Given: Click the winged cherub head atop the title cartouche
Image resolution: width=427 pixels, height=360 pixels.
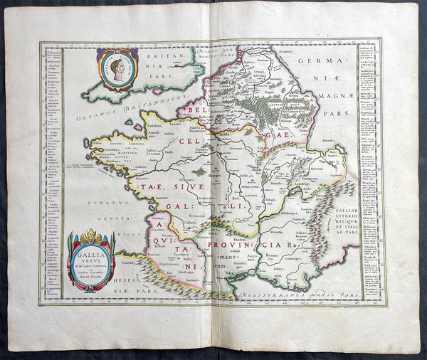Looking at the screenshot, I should pos(90,234).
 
